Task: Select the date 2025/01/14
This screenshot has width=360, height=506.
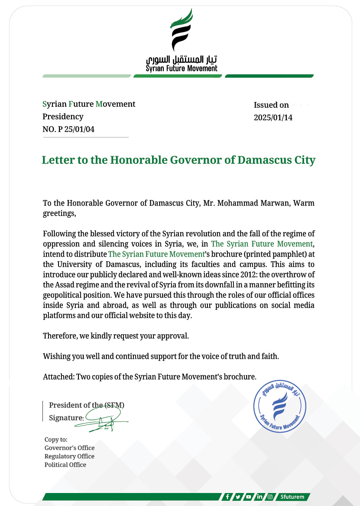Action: click(x=273, y=117)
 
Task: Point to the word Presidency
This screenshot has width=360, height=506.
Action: click(x=63, y=116)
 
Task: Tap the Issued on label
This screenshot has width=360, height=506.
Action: click(x=271, y=105)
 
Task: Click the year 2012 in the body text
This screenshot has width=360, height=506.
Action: click(x=236, y=274)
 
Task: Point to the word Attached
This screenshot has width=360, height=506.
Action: click(x=58, y=377)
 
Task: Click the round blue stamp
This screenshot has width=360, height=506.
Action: click(x=279, y=407)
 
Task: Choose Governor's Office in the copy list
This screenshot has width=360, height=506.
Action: click(x=69, y=448)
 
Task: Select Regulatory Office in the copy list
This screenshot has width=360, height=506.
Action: click(x=69, y=456)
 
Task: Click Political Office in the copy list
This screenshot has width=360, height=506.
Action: click(x=65, y=465)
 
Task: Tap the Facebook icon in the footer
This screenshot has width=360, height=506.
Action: click(x=227, y=497)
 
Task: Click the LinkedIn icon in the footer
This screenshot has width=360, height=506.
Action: click(x=259, y=497)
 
